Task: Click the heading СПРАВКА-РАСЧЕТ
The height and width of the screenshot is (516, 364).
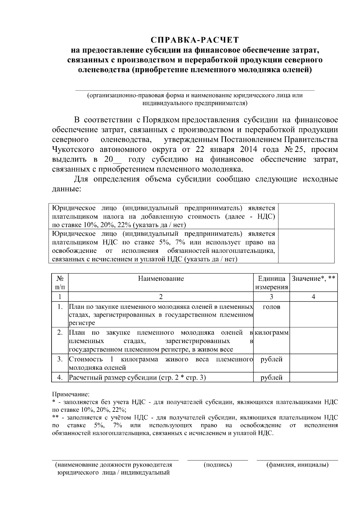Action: (195, 40)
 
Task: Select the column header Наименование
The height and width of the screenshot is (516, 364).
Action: (161, 279)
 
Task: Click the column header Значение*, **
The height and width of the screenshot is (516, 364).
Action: (313, 279)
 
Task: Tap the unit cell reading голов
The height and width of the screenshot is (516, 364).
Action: (271, 307)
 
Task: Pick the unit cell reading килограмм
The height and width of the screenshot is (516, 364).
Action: (271, 332)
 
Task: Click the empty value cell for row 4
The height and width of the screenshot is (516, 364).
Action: (313, 377)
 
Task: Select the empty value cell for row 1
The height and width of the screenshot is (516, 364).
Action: (313, 315)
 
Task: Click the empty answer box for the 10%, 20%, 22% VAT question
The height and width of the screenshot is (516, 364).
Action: (306, 216)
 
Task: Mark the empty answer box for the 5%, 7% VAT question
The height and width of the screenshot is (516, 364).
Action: (306, 246)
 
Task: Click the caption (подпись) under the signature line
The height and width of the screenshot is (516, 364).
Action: (218, 465)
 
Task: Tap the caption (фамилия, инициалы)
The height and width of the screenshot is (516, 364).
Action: (297, 465)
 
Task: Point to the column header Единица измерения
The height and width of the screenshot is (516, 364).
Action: (271, 283)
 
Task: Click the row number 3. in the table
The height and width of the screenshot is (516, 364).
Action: (60, 359)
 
